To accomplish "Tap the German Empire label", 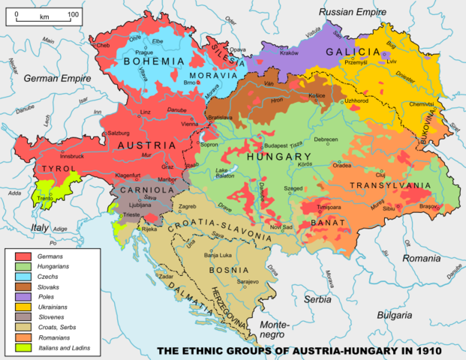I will [53, 78].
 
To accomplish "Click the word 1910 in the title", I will [424, 351].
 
